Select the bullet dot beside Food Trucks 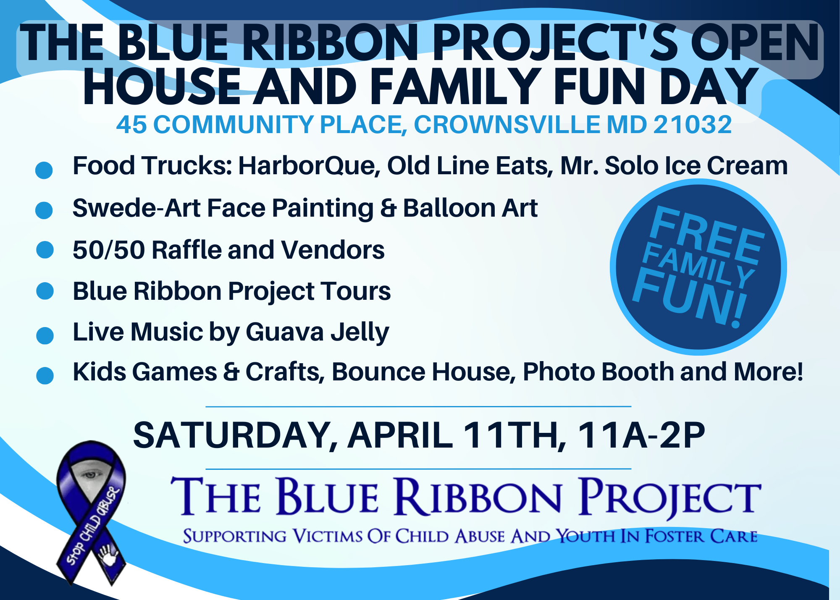(x=44, y=170)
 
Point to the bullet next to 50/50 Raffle (x=45, y=250)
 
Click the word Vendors (x=333, y=250)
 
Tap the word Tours (x=356, y=291)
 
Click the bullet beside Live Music (x=45, y=335)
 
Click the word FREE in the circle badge (x=706, y=235)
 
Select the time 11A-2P (x=641, y=435)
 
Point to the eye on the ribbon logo (x=90, y=475)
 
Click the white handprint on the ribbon (x=108, y=554)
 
